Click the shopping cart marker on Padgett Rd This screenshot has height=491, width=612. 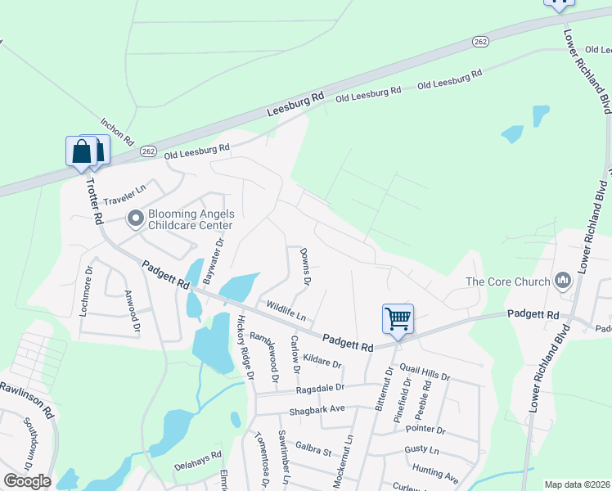[398, 318]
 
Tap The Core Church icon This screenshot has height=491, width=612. [562, 282]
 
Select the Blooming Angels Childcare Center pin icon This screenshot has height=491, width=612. [135, 218]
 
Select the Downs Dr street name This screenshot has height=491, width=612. [305, 267]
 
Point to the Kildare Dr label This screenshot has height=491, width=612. [322, 360]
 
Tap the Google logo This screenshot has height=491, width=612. [27, 481]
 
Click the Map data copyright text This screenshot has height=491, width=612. [577, 484]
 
